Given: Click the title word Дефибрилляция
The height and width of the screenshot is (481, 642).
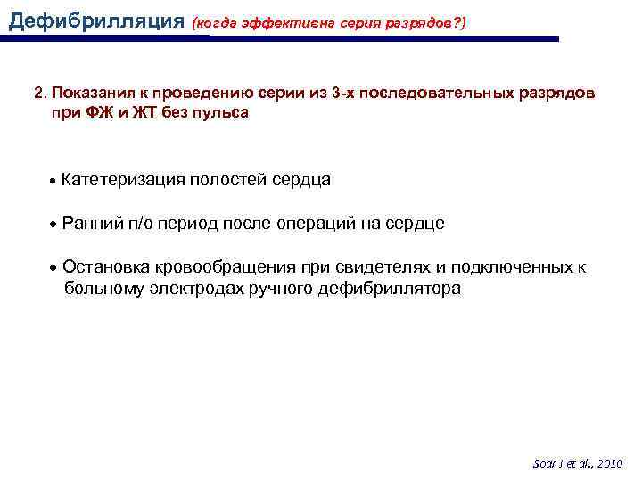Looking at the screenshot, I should [x=94, y=19].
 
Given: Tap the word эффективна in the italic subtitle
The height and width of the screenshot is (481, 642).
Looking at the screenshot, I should [x=289, y=20].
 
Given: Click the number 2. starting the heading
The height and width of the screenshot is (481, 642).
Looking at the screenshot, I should [x=39, y=94].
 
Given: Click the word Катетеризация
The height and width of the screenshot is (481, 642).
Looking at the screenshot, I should [x=123, y=180].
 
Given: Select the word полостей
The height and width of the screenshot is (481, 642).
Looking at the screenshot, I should [x=227, y=180].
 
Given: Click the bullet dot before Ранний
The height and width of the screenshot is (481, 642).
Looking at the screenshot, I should [x=54, y=224].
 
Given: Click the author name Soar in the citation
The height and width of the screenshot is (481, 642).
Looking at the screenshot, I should [x=544, y=464].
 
